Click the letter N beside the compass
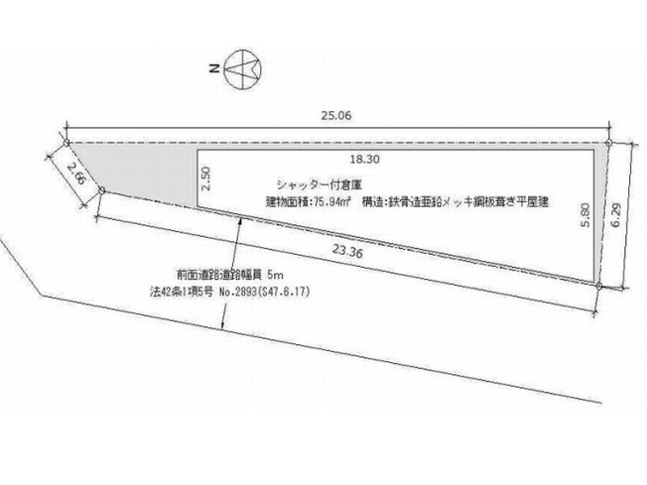click(213, 70)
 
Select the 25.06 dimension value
click(337, 114)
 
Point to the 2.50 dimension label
click(207, 178)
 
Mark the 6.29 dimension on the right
click(615, 211)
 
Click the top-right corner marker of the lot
click(608, 146)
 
